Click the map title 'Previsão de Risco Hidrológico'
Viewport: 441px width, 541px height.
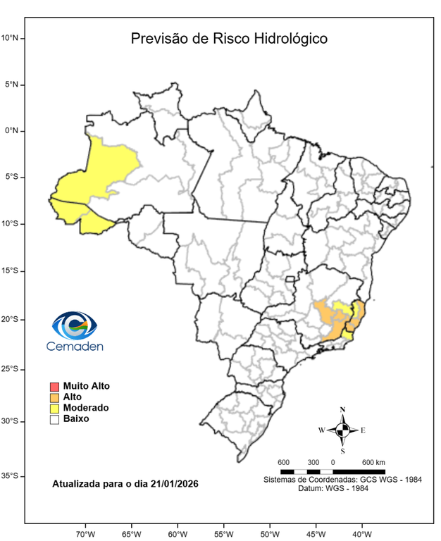coord(229,38)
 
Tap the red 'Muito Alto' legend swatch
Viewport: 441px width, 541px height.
coord(54,386)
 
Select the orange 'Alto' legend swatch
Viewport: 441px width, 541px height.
coord(54,397)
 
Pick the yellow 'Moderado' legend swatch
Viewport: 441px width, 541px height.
coord(54,408)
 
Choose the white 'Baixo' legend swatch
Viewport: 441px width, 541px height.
coord(54,419)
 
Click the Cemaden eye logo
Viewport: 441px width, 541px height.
coord(74,325)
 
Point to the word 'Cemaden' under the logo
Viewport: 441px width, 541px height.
coord(75,346)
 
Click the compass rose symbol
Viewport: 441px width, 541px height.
coord(342,429)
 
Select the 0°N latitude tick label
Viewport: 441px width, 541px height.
coord(14,131)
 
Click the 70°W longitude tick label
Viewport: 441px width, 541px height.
coord(85,533)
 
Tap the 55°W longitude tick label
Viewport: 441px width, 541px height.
coord(223,533)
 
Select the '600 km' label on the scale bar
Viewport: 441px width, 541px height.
coord(373,462)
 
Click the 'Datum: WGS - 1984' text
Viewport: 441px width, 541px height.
coord(342,488)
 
